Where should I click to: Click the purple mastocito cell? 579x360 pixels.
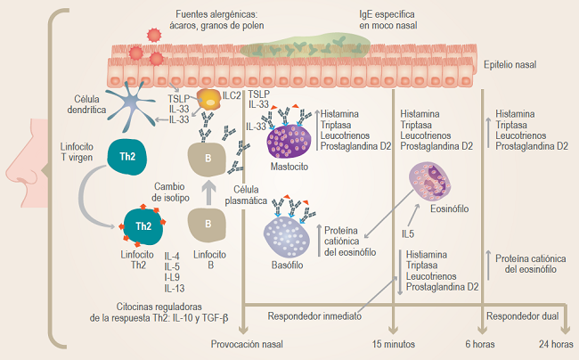[x=289, y=142]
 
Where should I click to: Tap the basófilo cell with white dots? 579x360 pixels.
[x=286, y=237]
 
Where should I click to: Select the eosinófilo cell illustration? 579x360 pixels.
[x=430, y=181]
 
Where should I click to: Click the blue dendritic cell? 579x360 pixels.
[x=130, y=106]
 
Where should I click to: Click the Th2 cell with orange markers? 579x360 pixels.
[x=143, y=225]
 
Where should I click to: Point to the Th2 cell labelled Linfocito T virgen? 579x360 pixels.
[x=126, y=157]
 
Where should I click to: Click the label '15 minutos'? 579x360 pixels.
[x=393, y=344]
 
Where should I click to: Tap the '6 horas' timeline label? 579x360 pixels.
[x=479, y=344]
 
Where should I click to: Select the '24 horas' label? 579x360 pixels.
[x=556, y=344]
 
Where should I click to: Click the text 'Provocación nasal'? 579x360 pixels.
[x=247, y=344]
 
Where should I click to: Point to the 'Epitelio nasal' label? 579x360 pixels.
[x=510, y=65]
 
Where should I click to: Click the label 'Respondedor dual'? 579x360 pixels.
[x=523, y=316]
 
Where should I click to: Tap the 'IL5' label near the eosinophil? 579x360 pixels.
[x=408, y=233]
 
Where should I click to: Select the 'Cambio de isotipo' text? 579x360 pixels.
[x=170, y=192]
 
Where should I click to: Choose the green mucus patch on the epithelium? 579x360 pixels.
[x=305, y=46]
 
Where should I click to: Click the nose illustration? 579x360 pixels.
[x=27, y=163]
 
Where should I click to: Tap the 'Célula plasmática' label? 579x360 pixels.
[x=246, y=195]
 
